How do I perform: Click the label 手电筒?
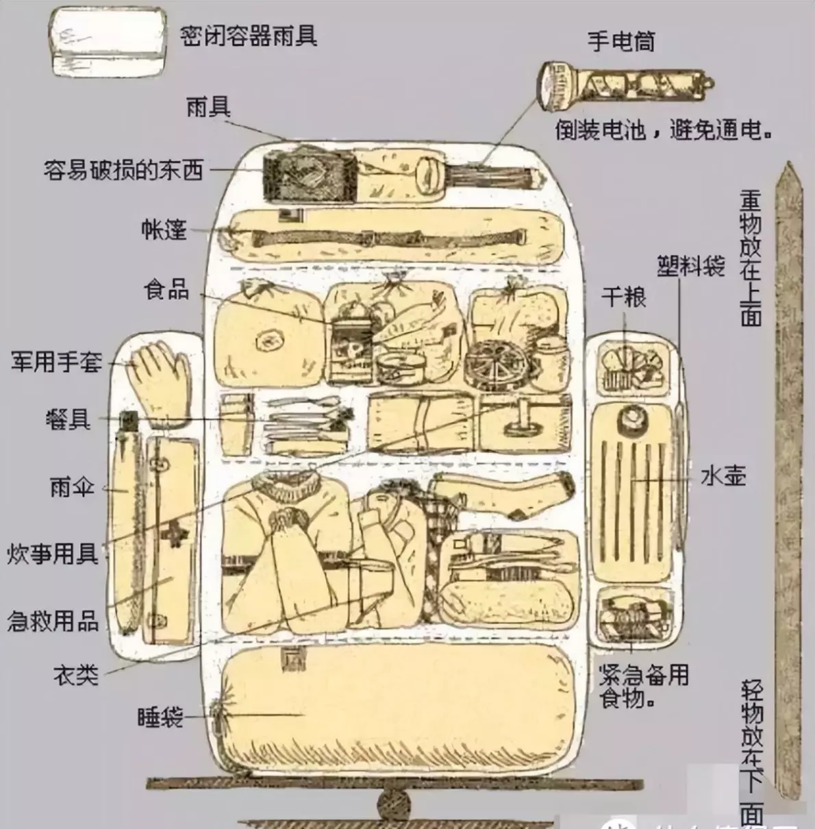[x=621, y=41]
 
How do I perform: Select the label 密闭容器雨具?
[x=249, y=35]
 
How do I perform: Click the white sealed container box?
[x=108, y=42]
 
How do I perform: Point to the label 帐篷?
[x=164, y=229]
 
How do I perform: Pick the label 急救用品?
[x=53, y=621]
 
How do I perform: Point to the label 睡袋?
[x=160, y=717]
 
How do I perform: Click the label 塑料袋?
[x=691, y=265]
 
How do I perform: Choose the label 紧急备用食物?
[x=642, y=686]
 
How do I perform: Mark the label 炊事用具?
[x=53, y=554]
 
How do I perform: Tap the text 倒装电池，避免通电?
[x=664, y=130]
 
